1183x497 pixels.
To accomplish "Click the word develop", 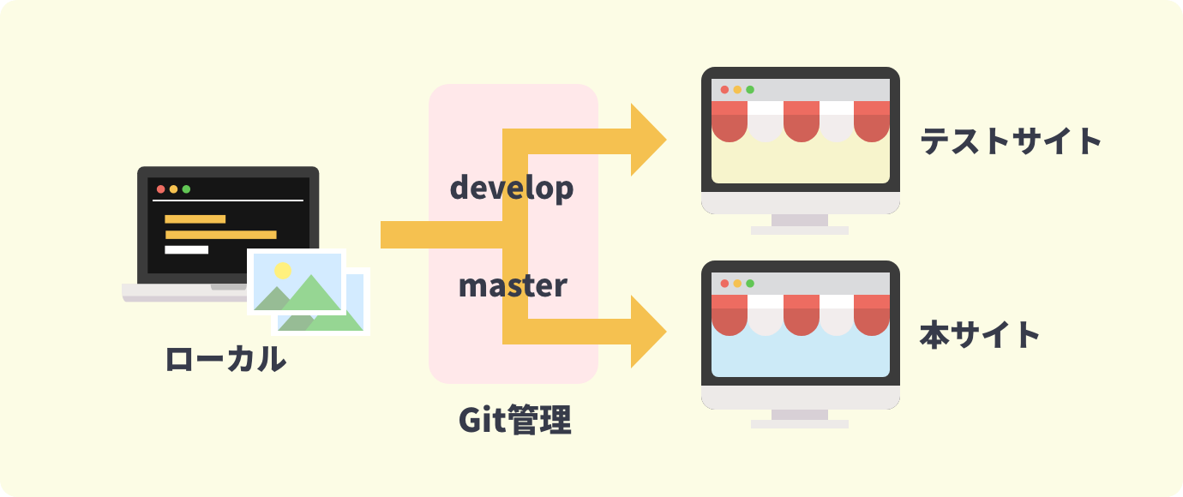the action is tap(511, 189).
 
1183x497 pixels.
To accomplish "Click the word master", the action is tap(513, 285).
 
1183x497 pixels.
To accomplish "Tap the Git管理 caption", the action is tap(515, 421).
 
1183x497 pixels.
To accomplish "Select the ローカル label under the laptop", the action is tap(225, 359).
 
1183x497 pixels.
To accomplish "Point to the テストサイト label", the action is tap(1011, 141).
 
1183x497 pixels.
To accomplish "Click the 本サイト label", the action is tap(980, 335).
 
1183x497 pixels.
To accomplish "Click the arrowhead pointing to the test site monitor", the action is tap(649, 140).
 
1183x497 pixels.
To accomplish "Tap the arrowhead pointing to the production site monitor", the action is tap(649, 332).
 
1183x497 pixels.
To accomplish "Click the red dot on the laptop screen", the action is tap(160, 189).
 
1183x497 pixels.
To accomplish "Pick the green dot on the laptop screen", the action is tap(186, 189).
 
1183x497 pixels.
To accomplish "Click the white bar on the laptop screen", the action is tap(186, 250).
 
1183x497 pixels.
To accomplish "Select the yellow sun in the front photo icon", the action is tap(283, 271).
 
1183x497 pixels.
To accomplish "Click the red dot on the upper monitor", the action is tap(724, 90).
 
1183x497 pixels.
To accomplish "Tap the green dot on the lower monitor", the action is tap(750, 284).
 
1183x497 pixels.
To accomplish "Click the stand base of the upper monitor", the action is tap(800, 231).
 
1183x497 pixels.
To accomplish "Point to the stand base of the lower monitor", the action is tap(800, 424).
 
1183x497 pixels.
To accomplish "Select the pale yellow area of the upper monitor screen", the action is tap(800, 163).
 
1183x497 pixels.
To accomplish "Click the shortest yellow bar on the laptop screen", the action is tap(195, 219).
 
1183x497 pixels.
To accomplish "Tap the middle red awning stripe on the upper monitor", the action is tap(802, 121).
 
